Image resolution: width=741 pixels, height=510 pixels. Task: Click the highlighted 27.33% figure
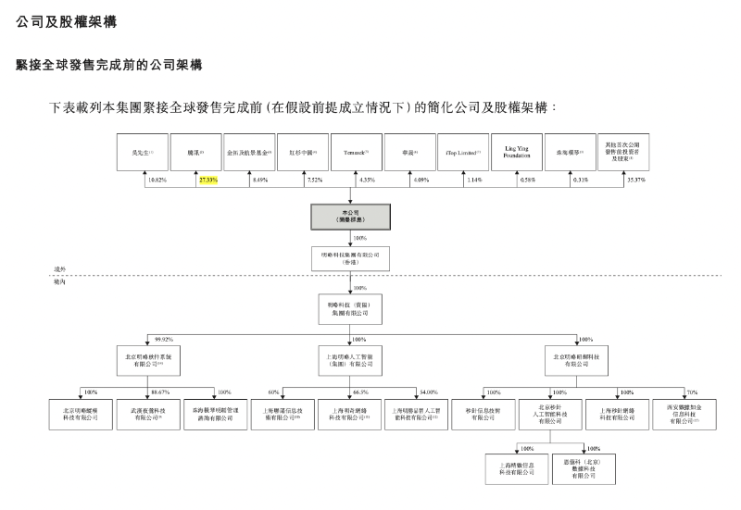(207, 180)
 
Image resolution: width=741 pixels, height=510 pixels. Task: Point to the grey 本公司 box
(349, 217)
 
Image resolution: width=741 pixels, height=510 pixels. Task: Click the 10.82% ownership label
(156, 180)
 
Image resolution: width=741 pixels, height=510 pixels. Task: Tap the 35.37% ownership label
(637, 180)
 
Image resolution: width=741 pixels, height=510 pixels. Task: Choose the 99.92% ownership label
(166, 339)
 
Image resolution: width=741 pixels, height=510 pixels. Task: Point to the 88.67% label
(159, 392)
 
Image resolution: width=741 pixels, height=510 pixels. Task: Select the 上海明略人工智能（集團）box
(349, 360)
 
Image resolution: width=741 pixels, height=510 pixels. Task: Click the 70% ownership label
(692, 392)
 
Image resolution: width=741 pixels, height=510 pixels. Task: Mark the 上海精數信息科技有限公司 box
(516, 468)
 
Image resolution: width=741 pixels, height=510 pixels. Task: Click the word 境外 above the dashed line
(61, 269)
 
